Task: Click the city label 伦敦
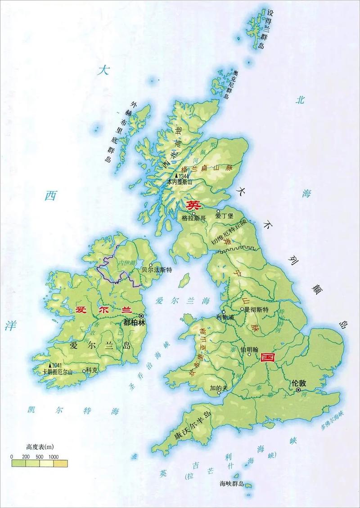pyautogui.click(x=298, y=383)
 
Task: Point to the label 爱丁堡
pyautogui.click(x=224, y=216)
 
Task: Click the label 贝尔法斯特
pyautogui.click(x=157, y=270)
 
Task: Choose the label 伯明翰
pyautogui.click(x=249, y=349)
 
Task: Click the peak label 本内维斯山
pyautogui.click(x=180, y=182)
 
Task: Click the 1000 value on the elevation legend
pyautogui.click(x=54, y=457)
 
